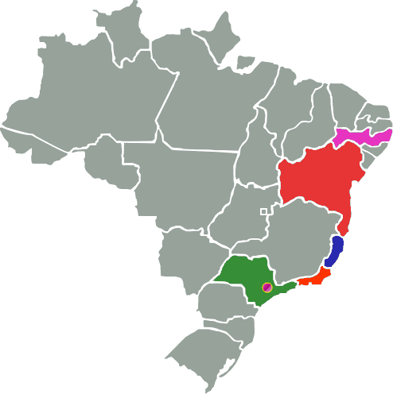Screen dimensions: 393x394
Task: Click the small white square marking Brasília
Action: pos(263,211)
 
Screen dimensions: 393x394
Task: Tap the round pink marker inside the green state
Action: pos(267,287)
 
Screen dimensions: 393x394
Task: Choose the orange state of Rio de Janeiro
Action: pos(314,278)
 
